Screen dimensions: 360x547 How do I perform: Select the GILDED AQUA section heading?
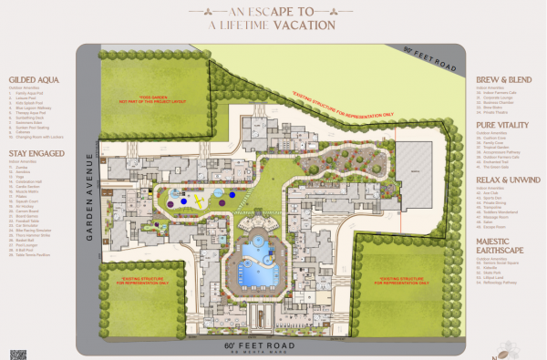tap(33, 78)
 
